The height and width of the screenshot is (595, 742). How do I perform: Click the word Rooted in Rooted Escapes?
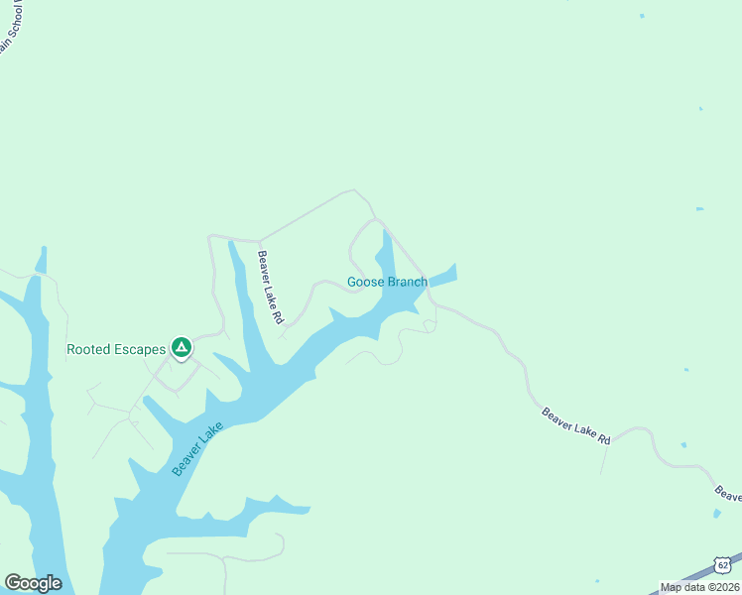tap(89, 349)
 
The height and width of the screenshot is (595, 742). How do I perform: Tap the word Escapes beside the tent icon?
tap(141, 349)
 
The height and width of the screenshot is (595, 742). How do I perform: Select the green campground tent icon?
tap(181, 347)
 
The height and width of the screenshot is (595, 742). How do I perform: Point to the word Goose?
tap(364, 282)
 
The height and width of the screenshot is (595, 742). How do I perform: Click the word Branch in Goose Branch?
tap(407, 282)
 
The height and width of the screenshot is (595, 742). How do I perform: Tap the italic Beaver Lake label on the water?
tap(198, 449)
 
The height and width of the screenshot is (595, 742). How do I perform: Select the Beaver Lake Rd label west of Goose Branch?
tap(271, 288)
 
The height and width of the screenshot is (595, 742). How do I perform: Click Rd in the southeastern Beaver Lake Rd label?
tap(603, 437)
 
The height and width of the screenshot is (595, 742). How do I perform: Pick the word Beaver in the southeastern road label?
tap(557, 416)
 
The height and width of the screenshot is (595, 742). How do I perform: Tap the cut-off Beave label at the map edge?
tap(727, 493)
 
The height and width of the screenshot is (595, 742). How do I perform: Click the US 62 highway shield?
tap(724, 564)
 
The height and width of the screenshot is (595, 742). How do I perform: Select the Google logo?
tap(33, 583)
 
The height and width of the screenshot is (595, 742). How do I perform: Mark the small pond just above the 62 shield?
tap(717, 513)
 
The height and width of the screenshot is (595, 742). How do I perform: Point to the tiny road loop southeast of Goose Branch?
tap(429, 324)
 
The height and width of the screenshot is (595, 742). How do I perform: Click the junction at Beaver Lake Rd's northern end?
tap(259, 241)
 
